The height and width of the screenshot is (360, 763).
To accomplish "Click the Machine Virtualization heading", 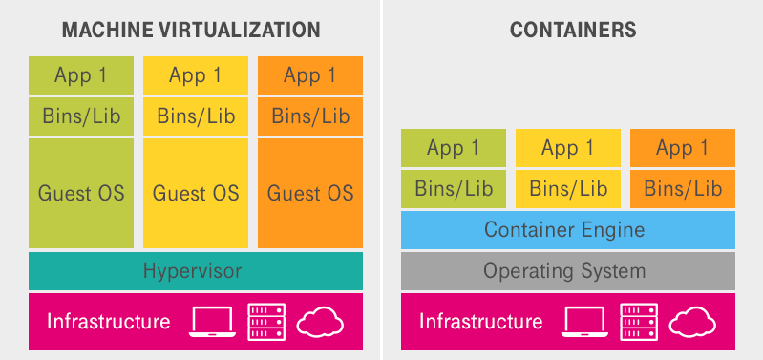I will point(190,30).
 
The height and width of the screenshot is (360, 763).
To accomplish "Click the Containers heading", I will point(573,30).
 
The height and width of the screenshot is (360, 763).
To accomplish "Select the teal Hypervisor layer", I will point(196,271).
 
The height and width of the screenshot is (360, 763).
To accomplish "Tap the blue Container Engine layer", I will point(567,230).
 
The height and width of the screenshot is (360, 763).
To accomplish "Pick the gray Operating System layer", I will point(567,271).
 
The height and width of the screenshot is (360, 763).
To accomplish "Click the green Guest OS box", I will point(81,193).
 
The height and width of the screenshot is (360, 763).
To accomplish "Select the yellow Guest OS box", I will point(196,193).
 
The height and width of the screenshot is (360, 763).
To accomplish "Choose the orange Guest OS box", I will point(310,193).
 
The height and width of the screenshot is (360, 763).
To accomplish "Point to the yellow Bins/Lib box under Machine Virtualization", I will point(196,116).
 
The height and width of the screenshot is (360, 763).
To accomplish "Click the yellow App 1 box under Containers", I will point(567,148).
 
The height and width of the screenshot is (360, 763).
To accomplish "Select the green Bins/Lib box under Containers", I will point(454,188).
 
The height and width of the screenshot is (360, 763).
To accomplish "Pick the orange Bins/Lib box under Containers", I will point(683,188).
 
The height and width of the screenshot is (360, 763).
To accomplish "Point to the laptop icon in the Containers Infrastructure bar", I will point(585,322).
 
